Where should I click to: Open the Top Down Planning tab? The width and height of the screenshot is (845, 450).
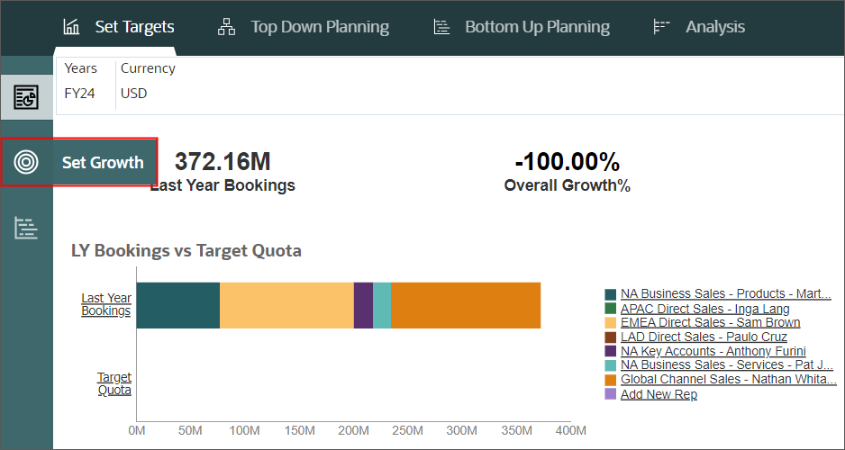pos(304,27)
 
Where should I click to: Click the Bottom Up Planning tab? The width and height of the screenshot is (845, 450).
pos(522,27)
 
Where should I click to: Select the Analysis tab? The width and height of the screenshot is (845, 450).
pos(699,27)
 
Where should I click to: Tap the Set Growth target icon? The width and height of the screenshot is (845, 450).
pos(27,162)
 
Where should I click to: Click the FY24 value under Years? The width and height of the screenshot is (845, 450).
pos(79,94)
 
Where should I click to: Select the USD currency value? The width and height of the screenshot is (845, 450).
pos(133,94)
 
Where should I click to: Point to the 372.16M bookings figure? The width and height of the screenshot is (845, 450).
pos(223,162)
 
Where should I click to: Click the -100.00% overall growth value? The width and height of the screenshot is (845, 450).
pos(567,162)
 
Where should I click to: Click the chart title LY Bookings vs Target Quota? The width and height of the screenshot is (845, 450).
pos(186,250)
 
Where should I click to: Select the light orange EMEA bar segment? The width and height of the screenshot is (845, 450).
pos(286,305)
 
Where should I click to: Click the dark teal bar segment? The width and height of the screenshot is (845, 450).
pos(177,305)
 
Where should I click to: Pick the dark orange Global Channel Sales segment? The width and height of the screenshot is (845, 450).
pos(465,305)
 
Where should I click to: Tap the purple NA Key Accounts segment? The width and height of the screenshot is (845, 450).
pos(363,305)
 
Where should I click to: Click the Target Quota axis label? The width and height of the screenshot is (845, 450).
pos(114,383)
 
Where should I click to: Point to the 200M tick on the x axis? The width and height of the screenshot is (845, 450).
pos(354,431)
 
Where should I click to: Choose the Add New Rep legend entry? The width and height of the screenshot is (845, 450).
pos(658,394)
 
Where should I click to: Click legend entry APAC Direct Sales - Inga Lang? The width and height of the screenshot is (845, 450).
pos(704,309)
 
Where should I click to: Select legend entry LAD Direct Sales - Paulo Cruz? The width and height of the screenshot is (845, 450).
pos(704,337)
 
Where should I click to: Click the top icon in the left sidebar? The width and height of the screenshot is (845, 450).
pos(27,96)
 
